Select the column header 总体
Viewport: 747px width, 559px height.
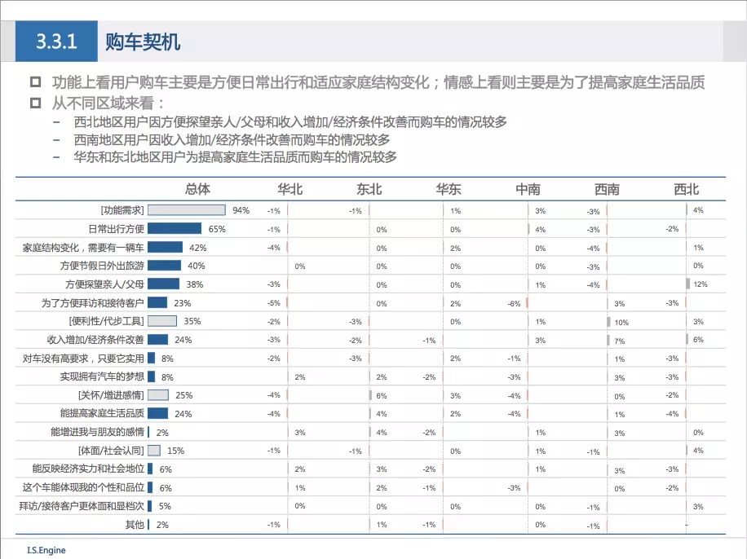click(197, 190)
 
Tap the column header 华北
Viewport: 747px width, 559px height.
click(290, 190)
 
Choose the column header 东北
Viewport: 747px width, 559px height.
click(369, 190)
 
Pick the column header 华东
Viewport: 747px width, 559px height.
click(449, 190)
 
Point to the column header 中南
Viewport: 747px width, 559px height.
click(528, 190)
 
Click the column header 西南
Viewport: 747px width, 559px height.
click(607, 190)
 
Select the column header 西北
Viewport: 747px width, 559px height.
click(687, 190)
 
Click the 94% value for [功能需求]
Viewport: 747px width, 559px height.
click(241, 210)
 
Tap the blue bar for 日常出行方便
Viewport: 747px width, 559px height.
click(175, 229)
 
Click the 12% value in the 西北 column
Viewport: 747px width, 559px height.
click(700, 284)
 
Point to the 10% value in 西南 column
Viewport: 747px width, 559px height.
click(621, 322)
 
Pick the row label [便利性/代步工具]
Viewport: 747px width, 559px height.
click(107, 321)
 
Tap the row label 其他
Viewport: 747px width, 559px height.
click(135, 525)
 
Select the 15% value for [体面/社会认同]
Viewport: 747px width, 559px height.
click(175, 451)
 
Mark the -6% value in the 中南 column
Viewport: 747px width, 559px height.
click(514, 303)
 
